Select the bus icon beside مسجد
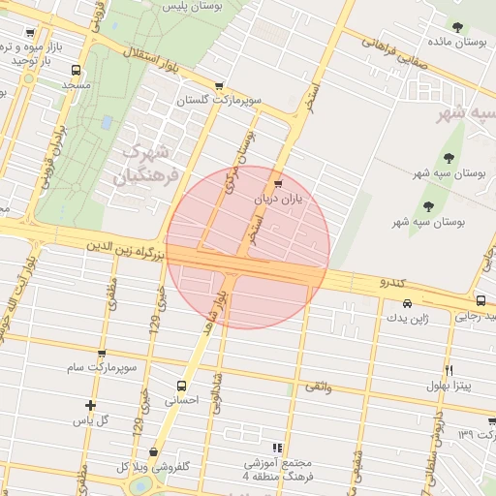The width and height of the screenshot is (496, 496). coord(77,70)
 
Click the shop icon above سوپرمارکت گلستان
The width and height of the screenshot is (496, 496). coord(220,85)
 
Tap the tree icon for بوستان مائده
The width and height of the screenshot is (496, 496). coord(458,28)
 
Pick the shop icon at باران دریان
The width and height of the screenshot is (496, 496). coord(279,182)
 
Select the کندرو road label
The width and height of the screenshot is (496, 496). coord(398,282)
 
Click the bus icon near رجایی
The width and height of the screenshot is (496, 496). coord(481,301)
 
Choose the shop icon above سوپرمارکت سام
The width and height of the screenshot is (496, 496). coord(102,355)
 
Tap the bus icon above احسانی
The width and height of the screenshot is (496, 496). coord(180,385)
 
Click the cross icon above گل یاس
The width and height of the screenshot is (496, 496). coord(90,406)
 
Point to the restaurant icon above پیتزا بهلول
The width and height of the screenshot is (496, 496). coord(448,370)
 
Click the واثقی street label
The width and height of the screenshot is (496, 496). coord(318,386)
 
